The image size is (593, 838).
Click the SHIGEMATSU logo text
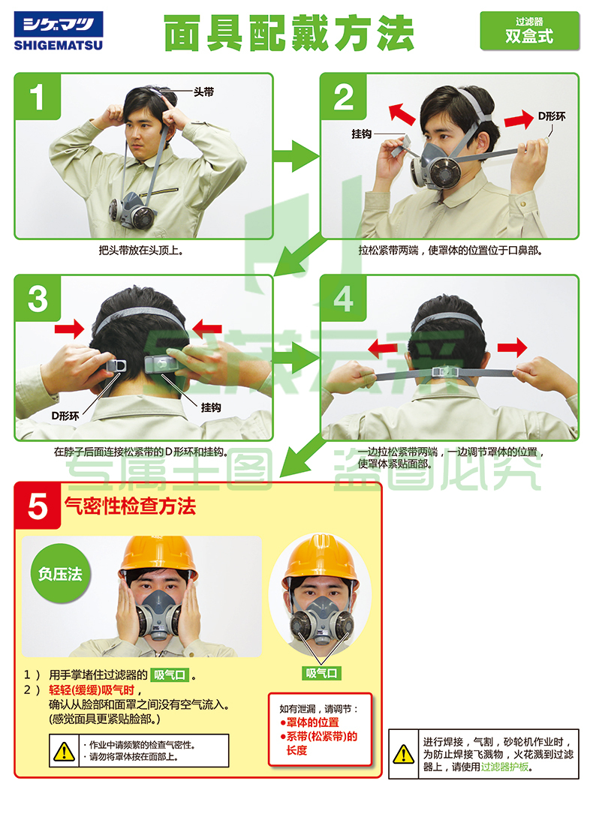point(59,46)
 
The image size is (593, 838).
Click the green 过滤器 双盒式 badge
point(529,31)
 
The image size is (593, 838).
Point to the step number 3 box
point(38,299)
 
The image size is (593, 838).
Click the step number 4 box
point(343,299)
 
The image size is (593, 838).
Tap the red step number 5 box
point(38,506)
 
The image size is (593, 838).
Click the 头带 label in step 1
point(203,92)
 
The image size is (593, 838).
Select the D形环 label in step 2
point(551,116)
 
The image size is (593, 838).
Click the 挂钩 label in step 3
point(211,407)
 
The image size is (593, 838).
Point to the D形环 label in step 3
point(65,416)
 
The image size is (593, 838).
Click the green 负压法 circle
point(60,574)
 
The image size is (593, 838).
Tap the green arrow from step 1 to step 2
point(296,156)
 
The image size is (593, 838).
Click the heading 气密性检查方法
point(130,506)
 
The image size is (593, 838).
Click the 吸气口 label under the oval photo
point(321,674)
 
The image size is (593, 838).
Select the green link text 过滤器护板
point(504,767)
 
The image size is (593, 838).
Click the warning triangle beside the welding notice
point(404,754)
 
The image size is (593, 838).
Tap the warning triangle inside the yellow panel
point(64,751)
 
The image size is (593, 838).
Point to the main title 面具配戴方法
point(289,33)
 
